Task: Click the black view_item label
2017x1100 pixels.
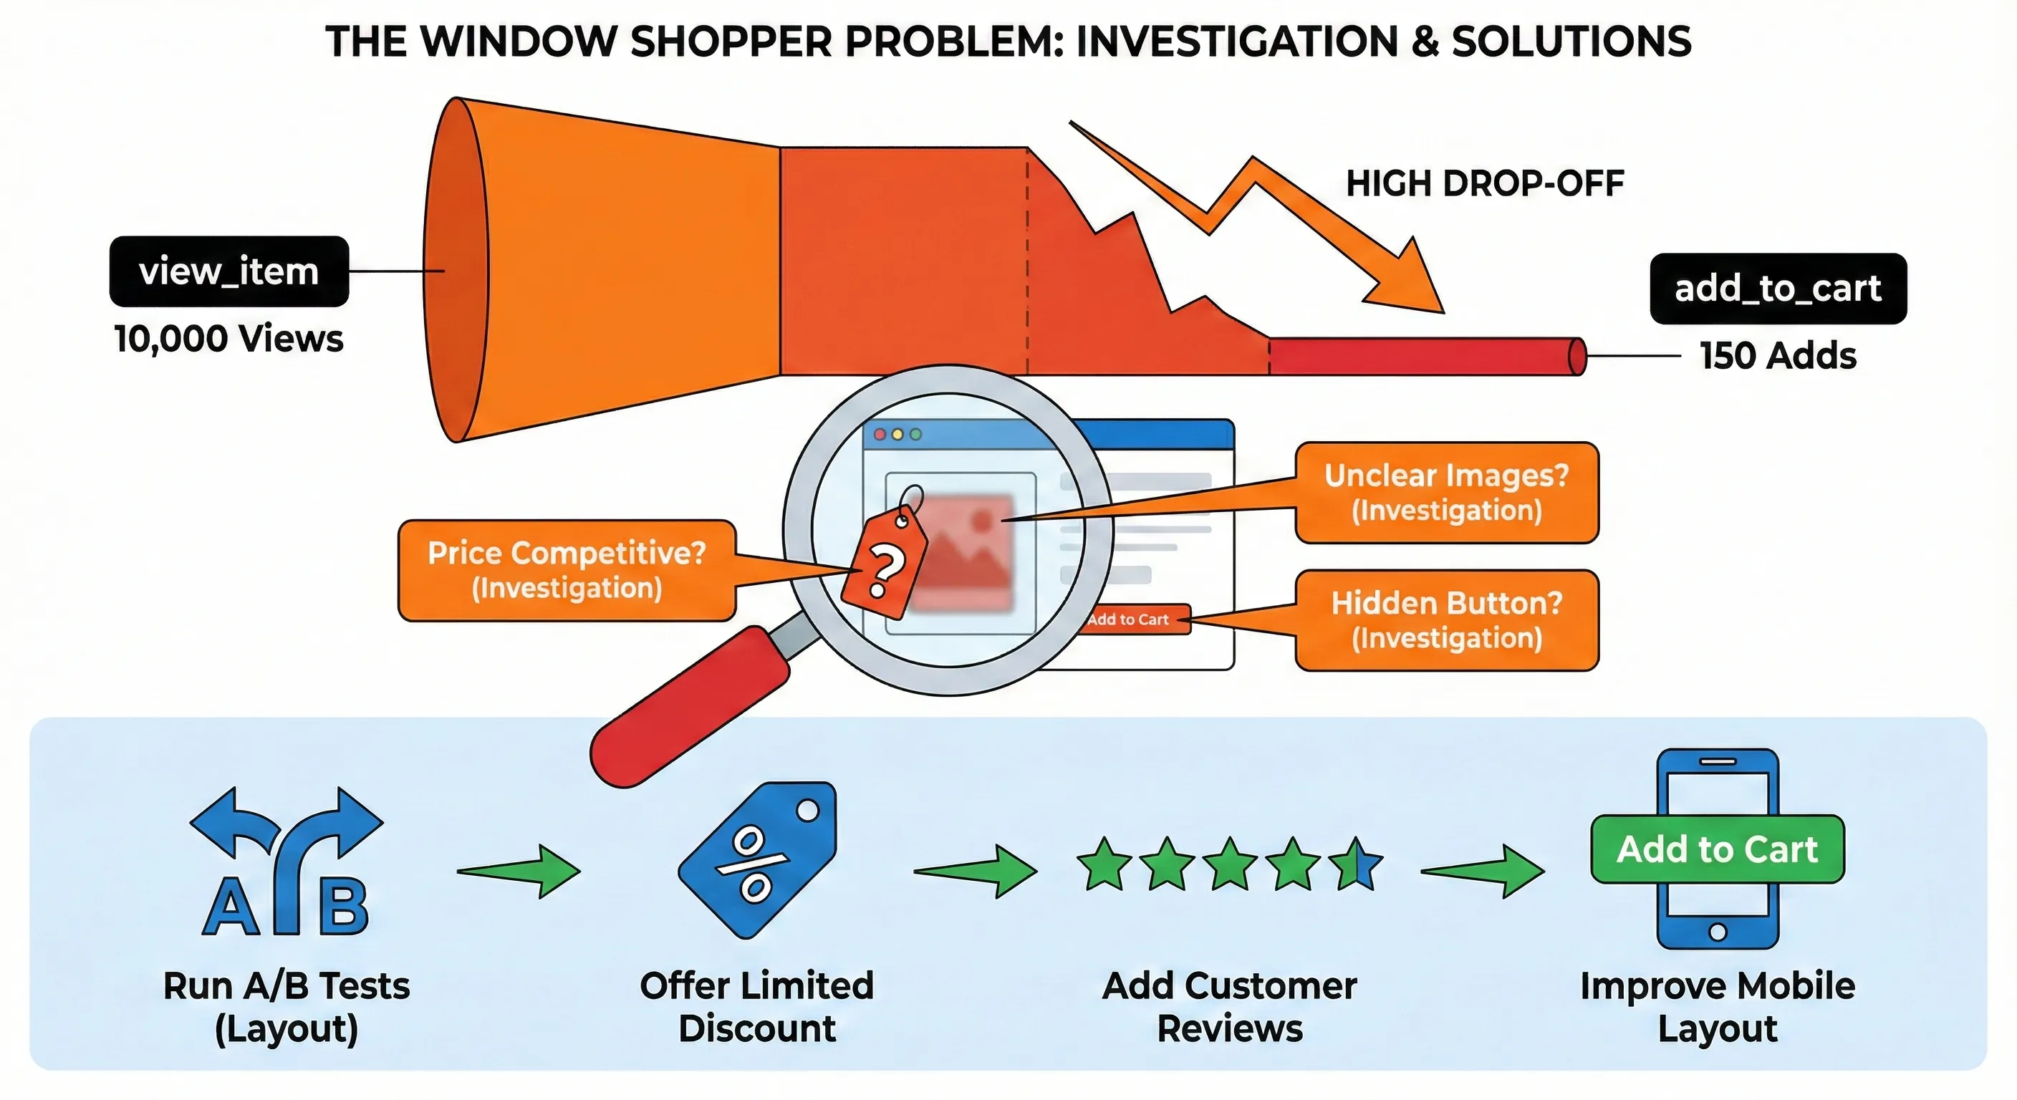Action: tap(228, 271)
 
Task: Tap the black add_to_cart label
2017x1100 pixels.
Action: tap(1777, 289)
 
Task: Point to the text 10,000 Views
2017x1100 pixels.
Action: tap(228, 339)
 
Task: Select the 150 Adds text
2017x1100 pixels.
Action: tap(1777, 356)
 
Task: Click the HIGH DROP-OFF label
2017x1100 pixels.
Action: tap(1485, 184)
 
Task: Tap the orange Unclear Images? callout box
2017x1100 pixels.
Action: tap(1446, 493)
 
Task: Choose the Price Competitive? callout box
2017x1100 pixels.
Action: tap(566, 570)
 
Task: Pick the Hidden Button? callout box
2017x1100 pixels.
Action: tap(1446, 620)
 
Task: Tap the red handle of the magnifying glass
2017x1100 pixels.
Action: tap(689, 705)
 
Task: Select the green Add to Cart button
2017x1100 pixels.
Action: tap(1717, 849)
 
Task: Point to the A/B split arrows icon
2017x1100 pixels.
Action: tap(287, 862)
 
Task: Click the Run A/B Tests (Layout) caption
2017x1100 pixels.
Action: tap(287, 1007)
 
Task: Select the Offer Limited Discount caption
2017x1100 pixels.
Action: tap(756, 1007)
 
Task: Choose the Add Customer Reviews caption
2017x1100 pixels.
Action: tap(1229, 1007)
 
